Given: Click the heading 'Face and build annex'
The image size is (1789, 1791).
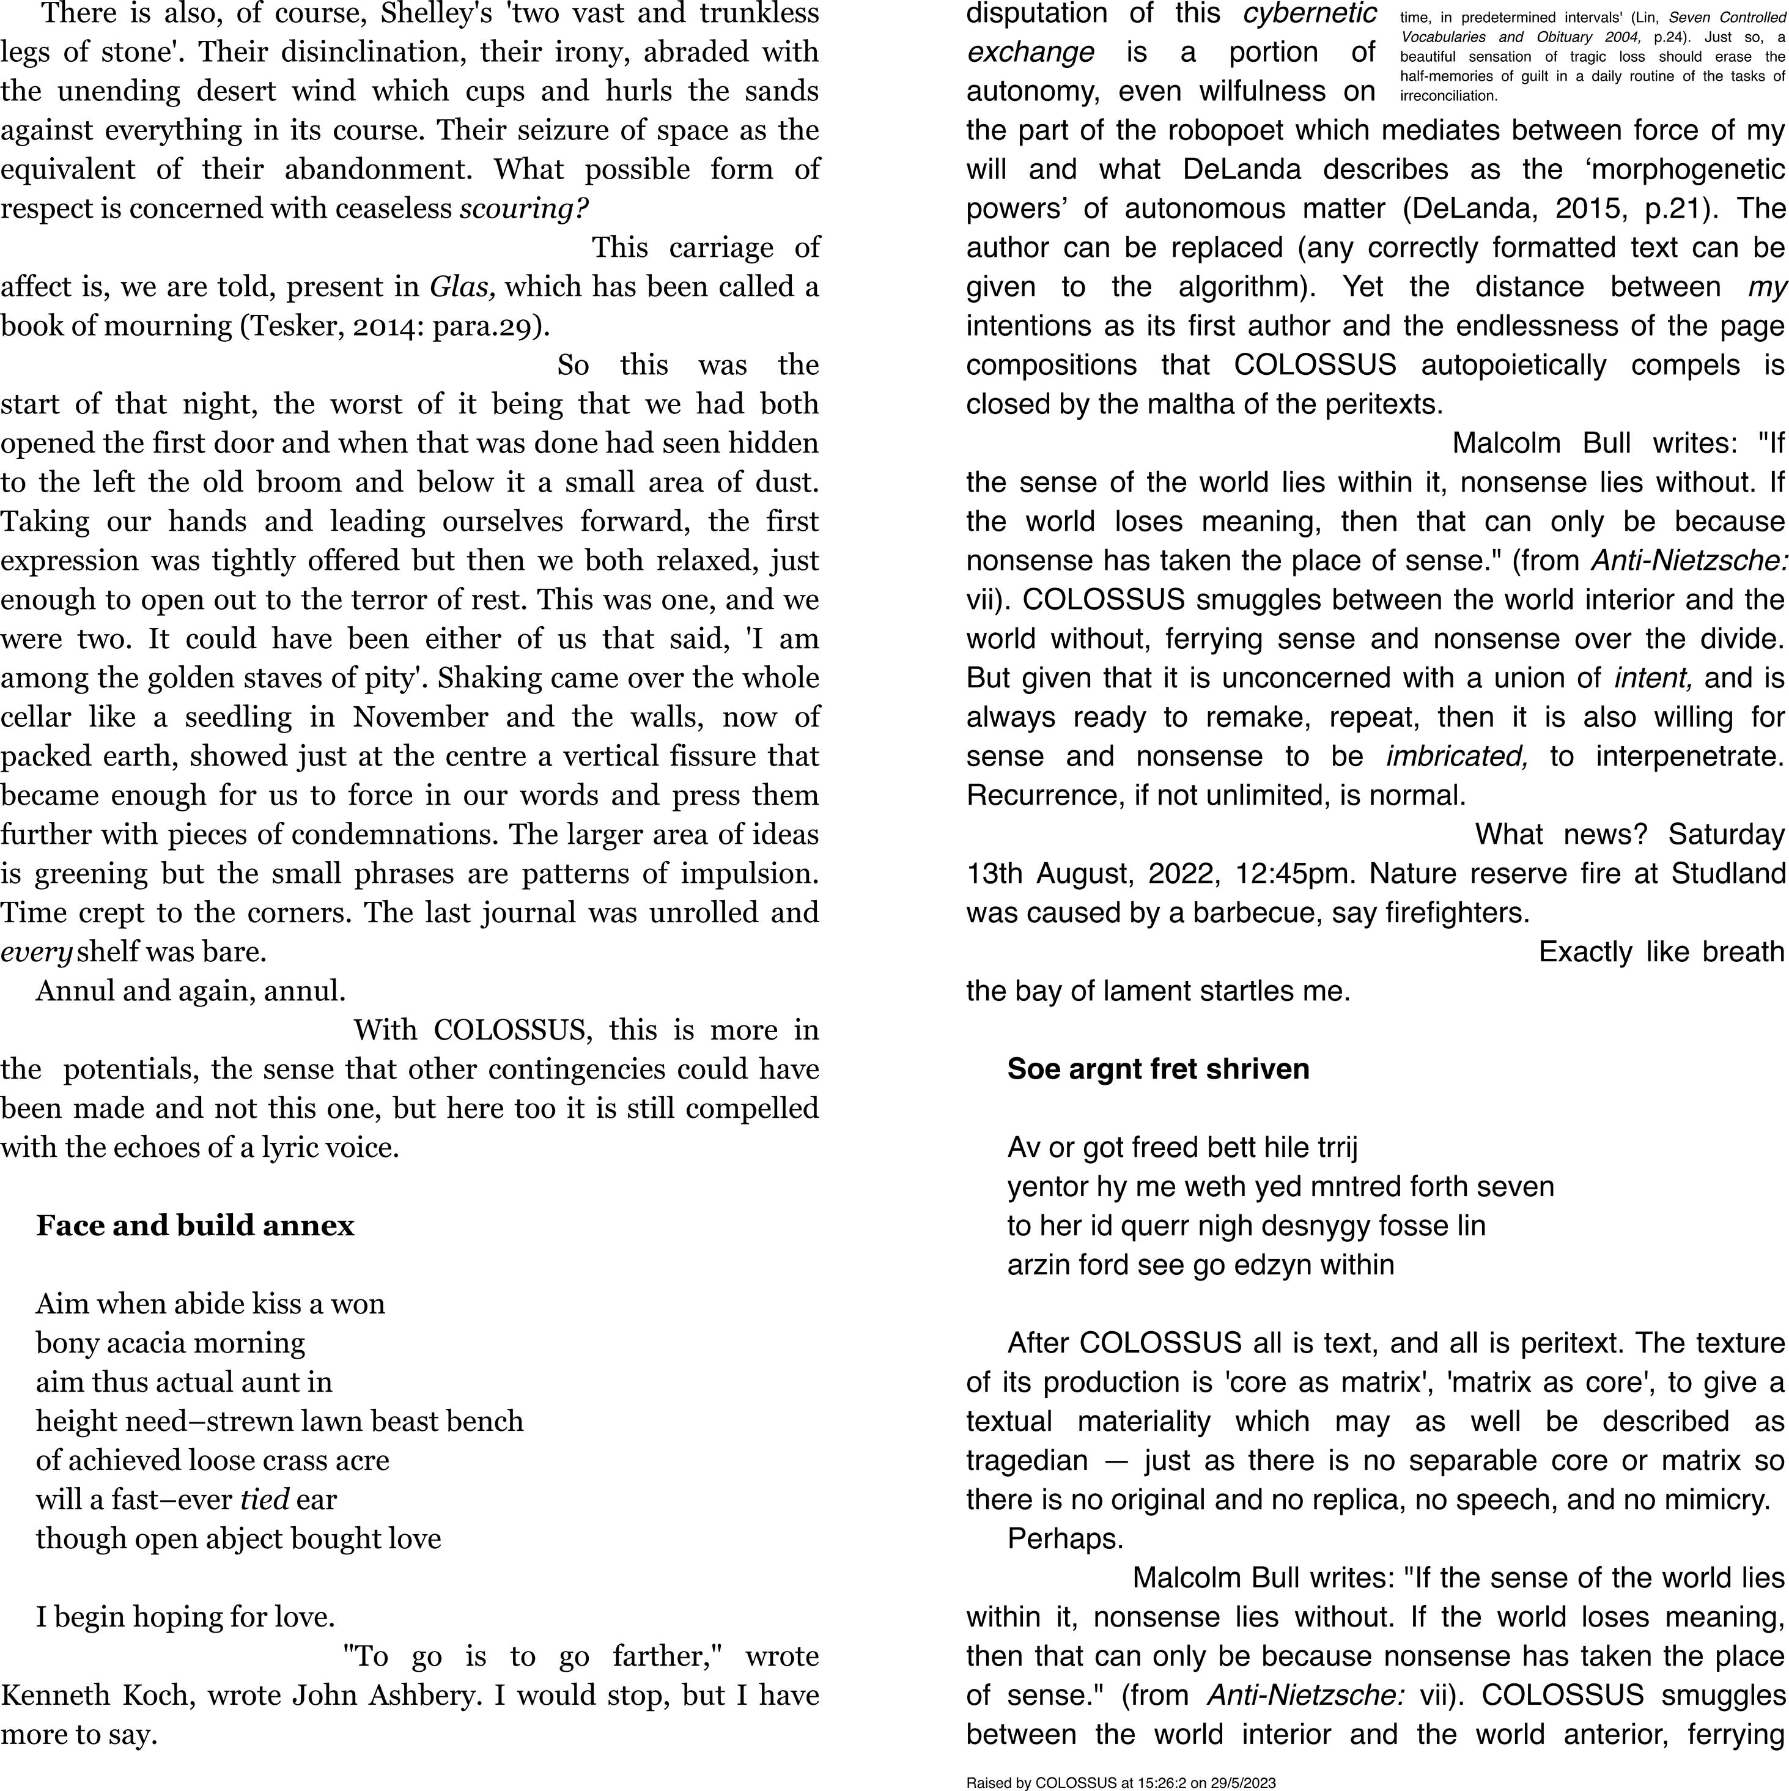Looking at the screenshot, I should (194, 1225).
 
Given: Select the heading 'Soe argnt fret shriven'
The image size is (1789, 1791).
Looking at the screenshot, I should (1158, 1069).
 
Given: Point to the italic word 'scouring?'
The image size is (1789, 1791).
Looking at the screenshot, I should (524, 209).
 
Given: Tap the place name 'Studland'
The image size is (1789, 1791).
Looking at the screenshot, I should (1728, 873).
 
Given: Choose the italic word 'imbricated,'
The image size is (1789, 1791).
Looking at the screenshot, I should (1456, 756).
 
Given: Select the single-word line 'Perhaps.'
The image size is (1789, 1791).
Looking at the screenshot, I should (1065, 1539).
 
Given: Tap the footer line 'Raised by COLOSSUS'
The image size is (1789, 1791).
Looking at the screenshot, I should (1121, 1782).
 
